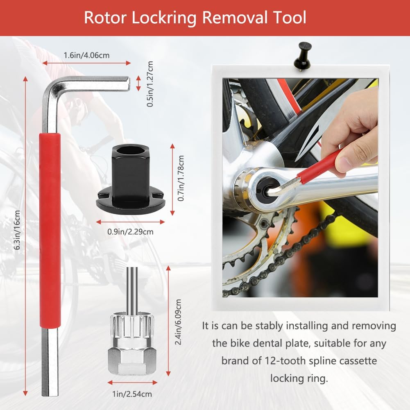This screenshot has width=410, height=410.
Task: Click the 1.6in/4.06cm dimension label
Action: pos(86,55)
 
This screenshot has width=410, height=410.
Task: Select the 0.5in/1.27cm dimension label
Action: pos(150,84)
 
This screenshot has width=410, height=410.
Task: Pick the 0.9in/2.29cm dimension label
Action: pos(130,232)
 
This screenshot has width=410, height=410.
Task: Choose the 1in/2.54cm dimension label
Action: pos(132,394)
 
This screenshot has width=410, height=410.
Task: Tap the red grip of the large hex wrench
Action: pos(51,229)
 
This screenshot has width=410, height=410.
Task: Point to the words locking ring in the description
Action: pos(299,378)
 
